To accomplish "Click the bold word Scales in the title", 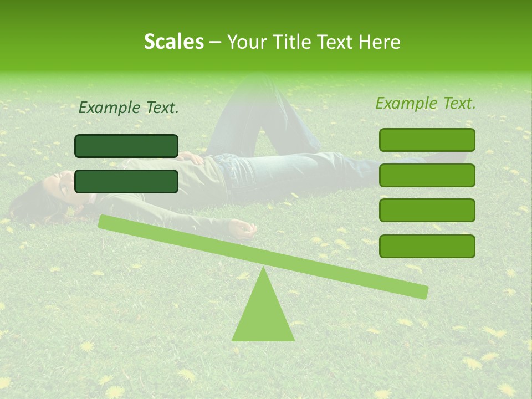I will coord(173,42).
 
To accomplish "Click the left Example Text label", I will coord(129,108).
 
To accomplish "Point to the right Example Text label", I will coord(426,103).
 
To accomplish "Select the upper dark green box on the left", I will coord(126,146).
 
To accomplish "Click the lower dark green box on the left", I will coord(126,181).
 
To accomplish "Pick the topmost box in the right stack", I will coord(427,140).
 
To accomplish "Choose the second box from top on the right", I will coord(427,175).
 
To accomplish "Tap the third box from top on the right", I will coord(427,211).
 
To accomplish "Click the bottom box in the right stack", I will coord(427,246).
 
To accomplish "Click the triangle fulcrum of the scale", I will coord(263,313).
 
